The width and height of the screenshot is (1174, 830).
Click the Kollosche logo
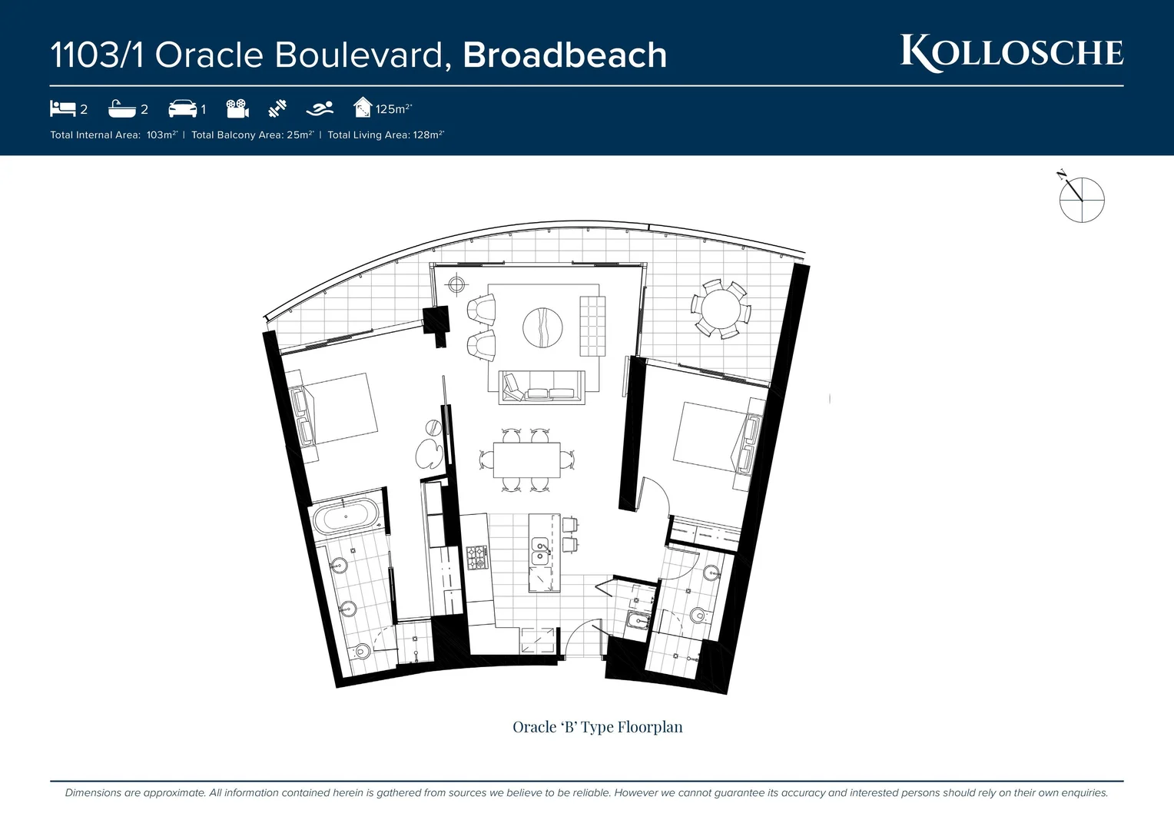(x=1011, y=53)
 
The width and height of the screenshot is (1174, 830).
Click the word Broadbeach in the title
(x=565, y=55)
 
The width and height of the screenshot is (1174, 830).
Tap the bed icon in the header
(x=62, y=108)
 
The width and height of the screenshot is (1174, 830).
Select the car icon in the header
(x=182, y=108)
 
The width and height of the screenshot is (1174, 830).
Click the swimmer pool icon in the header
(x=320, y=108)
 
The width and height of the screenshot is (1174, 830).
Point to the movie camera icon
(x=237, y=108)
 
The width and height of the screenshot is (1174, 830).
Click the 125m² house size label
(x=393, y=109)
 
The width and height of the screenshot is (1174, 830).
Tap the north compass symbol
(x=1081, y=199)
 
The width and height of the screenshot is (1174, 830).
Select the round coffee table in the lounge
(x=542, y=327)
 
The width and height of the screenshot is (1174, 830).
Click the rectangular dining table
(x=526, y=460)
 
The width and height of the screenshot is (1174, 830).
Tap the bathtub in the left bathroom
(x=346, y=516)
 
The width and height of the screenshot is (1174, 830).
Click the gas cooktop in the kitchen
(x=477, y=557)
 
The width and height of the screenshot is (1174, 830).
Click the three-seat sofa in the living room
(x=541, y=387)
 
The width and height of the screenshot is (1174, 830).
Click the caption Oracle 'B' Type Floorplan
(x=597, y=727)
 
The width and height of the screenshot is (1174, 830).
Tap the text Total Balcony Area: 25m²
(x=253, y=135)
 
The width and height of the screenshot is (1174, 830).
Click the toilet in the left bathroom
(x=361, y=652)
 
